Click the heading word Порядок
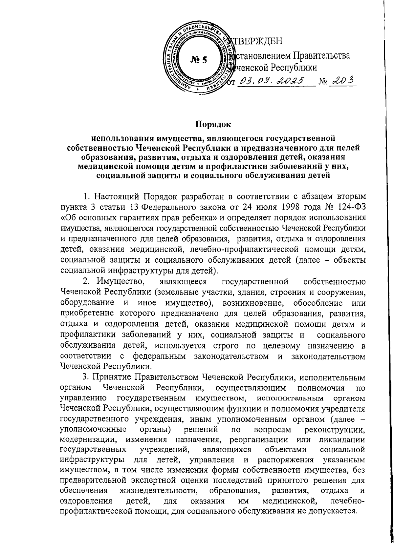[x=213, y=124]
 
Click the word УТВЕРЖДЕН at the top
[x=258, y=42]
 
